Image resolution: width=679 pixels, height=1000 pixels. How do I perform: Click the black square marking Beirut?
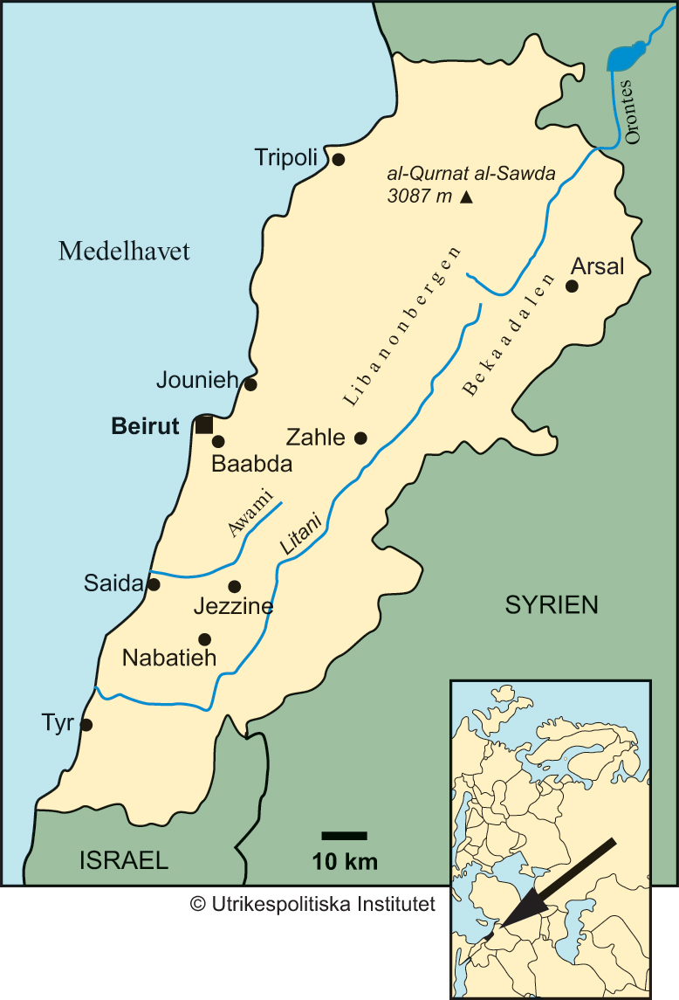(203, 425)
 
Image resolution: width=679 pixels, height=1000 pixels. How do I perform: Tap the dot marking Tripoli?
(339, 159)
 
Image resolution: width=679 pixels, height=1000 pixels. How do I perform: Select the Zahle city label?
(316, 438)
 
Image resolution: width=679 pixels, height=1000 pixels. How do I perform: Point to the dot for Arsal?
(573, 286)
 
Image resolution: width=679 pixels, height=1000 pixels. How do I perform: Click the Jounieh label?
(197, 380)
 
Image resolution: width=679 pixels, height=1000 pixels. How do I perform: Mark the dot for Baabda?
(218, 442)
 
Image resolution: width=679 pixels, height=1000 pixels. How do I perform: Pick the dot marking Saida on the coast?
(154, 584)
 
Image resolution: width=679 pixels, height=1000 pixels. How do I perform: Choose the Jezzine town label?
(234, 606)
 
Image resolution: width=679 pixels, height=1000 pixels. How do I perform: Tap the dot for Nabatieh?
(204, 638)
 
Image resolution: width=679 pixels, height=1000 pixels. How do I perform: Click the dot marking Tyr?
(86, 724)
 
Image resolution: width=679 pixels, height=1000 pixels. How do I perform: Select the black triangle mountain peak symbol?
(466, 197)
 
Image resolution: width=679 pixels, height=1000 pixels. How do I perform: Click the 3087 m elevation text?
(419, 197)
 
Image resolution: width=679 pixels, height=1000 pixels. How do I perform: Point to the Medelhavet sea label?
(124, 252)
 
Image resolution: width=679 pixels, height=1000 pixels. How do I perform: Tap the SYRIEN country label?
(552, 604)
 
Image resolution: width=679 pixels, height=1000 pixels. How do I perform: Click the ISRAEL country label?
(123, 859)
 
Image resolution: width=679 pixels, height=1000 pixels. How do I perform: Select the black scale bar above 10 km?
(344, 836)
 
